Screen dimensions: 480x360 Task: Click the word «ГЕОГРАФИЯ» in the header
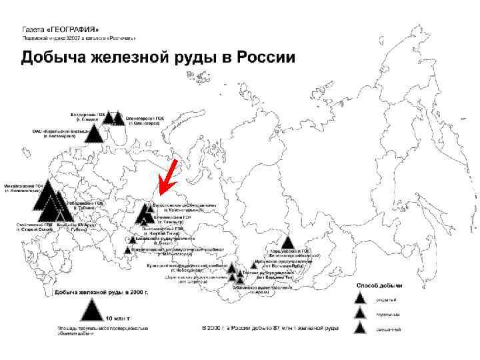(x=73, y=30)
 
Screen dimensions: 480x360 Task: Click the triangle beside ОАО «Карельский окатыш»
(x=97, y=135)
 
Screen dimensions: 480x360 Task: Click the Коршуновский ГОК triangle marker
(x=287, y=243)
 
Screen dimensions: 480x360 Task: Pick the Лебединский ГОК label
(x=85, y=205)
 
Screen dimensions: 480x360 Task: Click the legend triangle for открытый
(x=361, y=299)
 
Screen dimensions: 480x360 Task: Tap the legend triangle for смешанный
(x=361, y=327)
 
